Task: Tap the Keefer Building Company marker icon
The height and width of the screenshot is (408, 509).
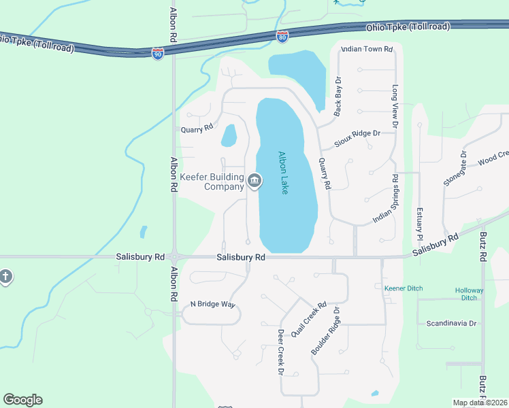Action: [255, 180]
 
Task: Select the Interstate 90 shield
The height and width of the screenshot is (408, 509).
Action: [157, 54]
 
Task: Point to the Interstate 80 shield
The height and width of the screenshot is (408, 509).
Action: [282, 36]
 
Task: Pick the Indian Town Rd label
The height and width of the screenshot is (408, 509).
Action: [367, 49]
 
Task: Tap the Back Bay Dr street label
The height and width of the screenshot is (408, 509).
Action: [336, 96]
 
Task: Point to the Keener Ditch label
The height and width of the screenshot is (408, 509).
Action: [404, 288]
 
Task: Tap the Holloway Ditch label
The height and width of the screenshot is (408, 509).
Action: [470, 294]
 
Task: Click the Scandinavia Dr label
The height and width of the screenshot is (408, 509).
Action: [450, 323]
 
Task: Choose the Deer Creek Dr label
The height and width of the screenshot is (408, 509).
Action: [280, 352]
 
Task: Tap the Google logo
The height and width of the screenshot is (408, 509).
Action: [23, 400]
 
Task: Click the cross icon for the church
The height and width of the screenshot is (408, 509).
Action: [5, 277]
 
